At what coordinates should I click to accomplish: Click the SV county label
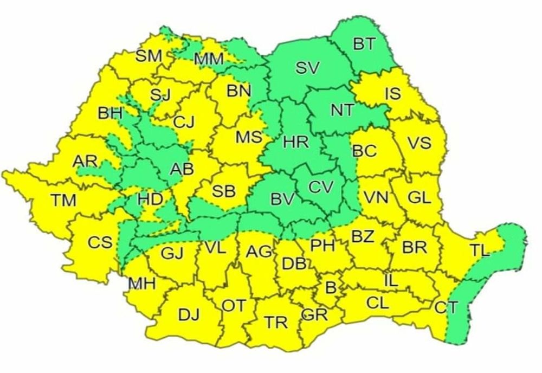pos(308,68)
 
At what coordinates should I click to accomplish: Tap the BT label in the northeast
pos(364,44)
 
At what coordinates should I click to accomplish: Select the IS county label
pos(392,93)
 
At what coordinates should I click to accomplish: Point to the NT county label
pos(342,111)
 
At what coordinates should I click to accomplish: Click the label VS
pos(419,143)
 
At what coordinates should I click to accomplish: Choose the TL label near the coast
pos(480,250)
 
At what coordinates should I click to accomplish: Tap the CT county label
pos(446,308)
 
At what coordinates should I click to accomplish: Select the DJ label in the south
pos(189,314)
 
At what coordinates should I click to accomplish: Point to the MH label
pos(142,283)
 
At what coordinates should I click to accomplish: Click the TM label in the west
pos(64,200)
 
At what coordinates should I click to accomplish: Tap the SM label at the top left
pos(149,55)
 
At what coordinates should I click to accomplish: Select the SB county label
pos(223,191)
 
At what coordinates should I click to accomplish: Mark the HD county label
pos(150,200)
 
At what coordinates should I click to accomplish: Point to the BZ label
pos(363,236)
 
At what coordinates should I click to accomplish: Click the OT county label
pos(234,306)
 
